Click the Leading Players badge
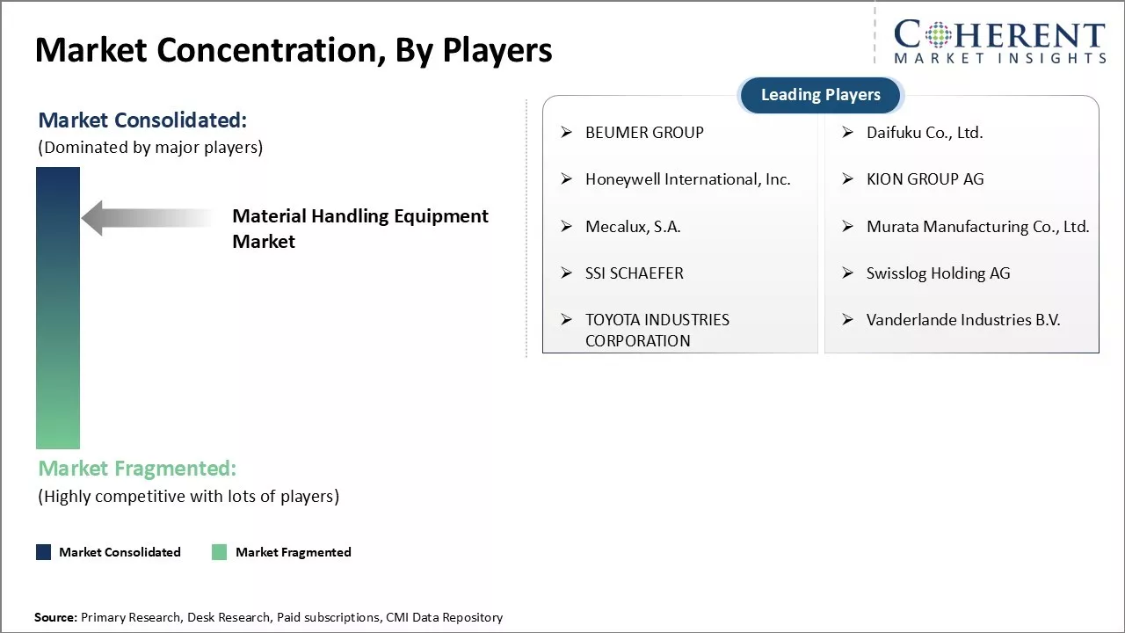tap(821, 95)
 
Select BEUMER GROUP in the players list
tap(644, 133)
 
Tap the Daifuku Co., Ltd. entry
tap(925, 133)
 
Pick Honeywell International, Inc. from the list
tap(687, 179)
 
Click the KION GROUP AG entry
tap(925, 179)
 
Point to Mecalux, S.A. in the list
tap(633, 227)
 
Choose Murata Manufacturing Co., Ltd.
tap(978, 227)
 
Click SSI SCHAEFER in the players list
tap(635, 273)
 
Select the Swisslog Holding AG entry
tap(938, 273)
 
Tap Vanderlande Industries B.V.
tap(963, 320)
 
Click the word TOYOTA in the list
tap(613, 320)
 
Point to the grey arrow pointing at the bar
tap(147, 218)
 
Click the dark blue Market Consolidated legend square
tap(44, 552)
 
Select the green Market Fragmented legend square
tap(220, 552)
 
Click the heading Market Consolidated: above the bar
tap(142, 120)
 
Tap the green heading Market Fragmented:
tap(137, 469)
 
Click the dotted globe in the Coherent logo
tap(938, 34)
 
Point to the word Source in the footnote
tap(54, 617)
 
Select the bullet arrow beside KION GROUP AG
tap(848, 178)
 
